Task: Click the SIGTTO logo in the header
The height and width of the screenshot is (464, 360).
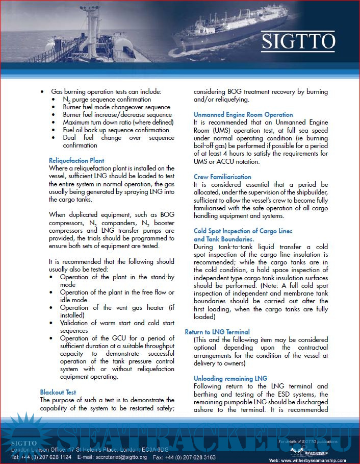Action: [x=298, y=41]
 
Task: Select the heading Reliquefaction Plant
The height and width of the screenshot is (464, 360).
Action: [x=76, y=160]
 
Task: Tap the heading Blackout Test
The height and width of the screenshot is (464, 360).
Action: [x=58, y=392]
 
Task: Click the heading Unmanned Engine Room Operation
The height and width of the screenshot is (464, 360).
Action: [x=243, y=115]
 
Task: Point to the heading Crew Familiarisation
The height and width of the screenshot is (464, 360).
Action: [x=222, y=177]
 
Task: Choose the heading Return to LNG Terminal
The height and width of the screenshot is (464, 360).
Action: [x=217, y=332]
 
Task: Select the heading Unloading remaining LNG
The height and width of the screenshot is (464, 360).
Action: [x=230, y=378]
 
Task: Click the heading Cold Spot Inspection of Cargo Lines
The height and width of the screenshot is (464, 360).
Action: [x=243, y=231]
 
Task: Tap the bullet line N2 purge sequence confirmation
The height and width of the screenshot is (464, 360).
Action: [x=107, y=100]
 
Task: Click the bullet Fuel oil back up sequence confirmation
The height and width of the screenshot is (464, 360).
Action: [x=116, y=130]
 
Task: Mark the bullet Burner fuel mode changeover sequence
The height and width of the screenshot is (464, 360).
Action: [x=116, y=107]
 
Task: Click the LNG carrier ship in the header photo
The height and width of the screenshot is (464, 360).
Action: [x=214, y=38]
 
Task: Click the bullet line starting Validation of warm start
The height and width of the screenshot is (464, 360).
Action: [x=117, y=323]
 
